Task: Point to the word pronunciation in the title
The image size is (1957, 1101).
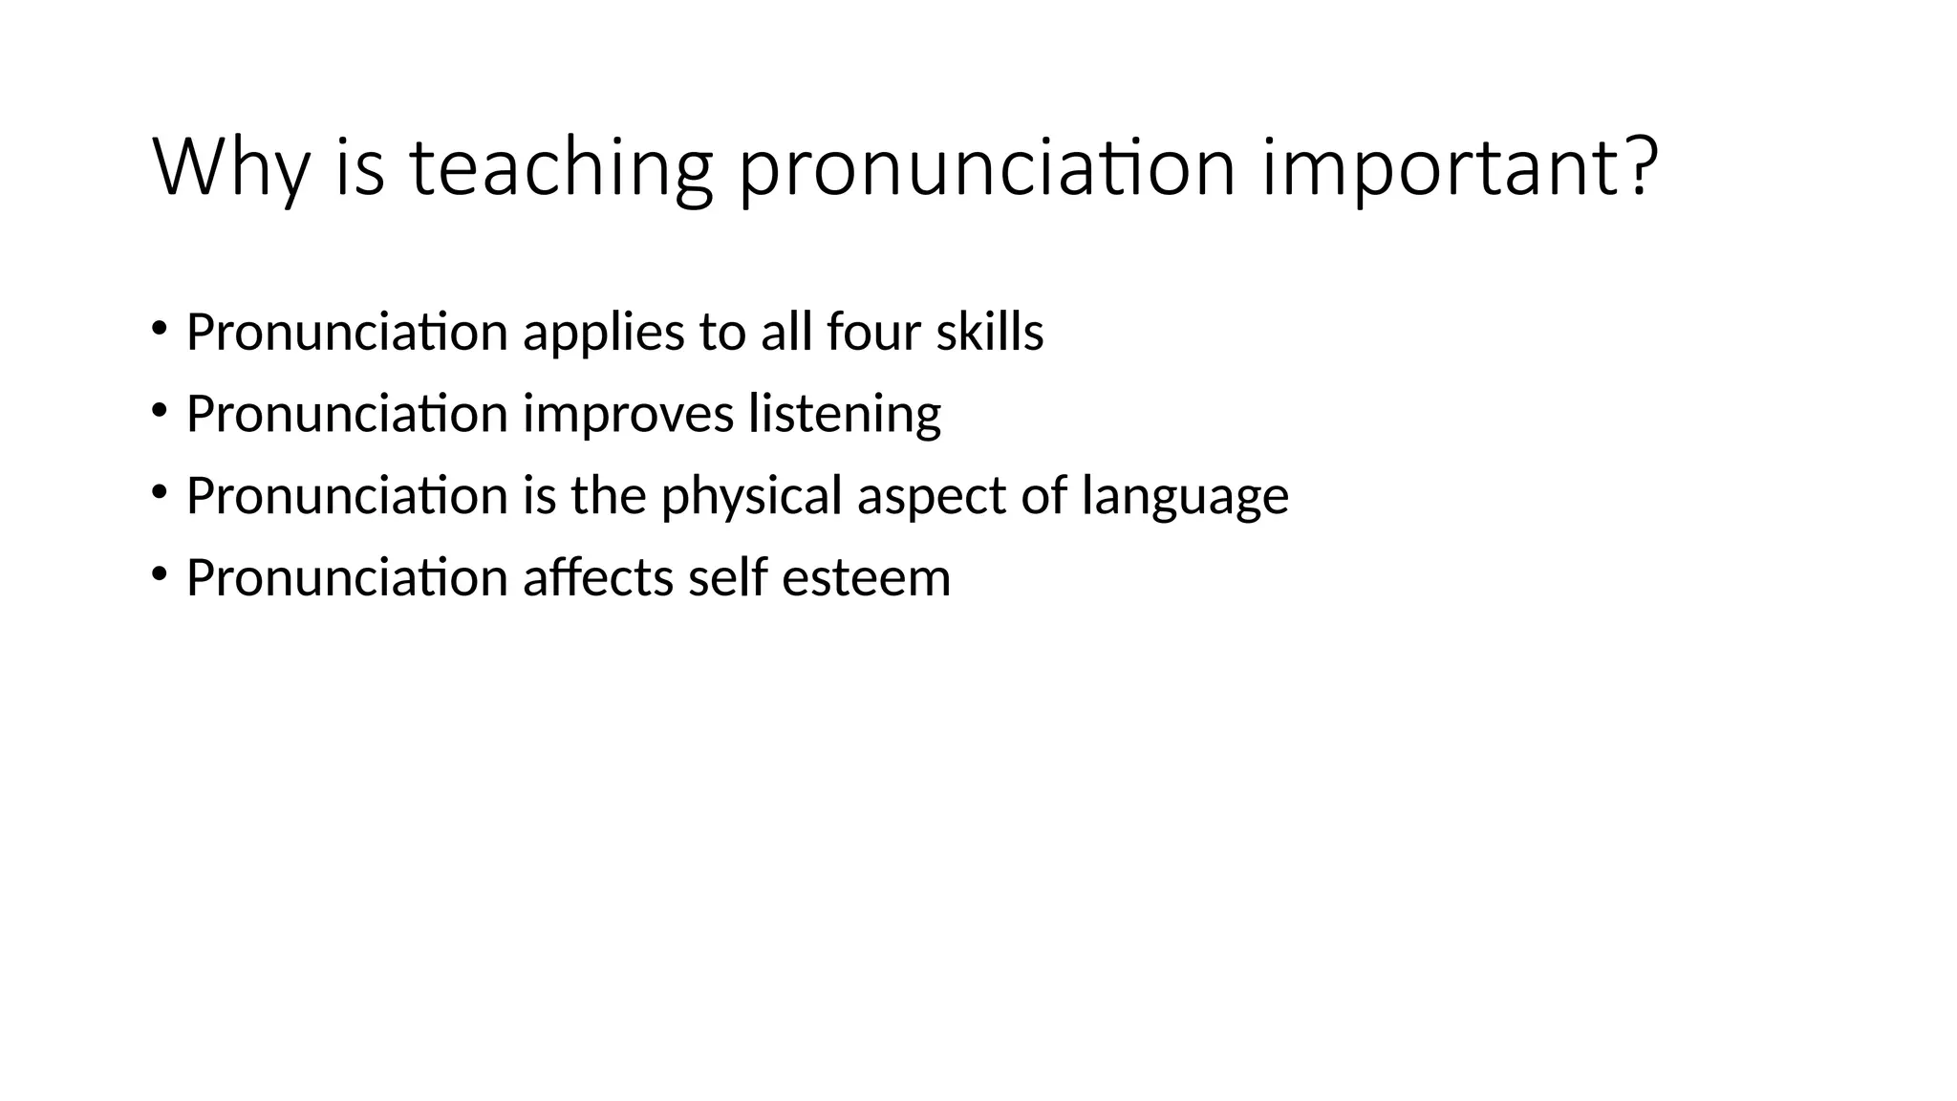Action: (988, 168)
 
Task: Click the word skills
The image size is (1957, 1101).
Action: (989, 333)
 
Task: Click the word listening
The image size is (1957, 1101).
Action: (844, 415)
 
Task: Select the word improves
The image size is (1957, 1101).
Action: (628, 415)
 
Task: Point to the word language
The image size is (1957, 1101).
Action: (1185, 497)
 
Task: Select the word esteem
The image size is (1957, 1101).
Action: (866, 578)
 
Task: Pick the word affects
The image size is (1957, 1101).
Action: (597, 578)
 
